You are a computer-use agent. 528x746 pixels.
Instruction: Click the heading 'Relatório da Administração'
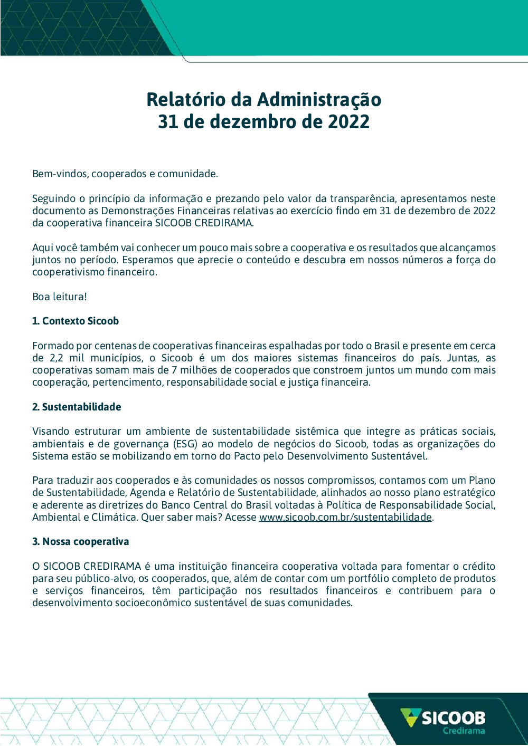[263, 99]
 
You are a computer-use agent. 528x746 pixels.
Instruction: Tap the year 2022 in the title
[348, 122]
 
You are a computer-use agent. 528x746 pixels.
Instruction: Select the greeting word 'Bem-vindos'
[60, 174]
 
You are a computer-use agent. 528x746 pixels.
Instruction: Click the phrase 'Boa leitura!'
[60, 297]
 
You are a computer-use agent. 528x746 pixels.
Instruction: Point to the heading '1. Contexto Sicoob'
[76, 321]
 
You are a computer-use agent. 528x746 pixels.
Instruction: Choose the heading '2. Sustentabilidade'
[77, 407]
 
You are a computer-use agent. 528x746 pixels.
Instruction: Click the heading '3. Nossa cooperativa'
[80, 541]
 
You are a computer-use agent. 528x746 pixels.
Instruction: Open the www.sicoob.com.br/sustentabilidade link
[345, 517]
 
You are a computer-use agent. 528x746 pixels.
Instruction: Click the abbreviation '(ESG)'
[185, 444]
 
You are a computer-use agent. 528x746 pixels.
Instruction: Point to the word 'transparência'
[363, 198]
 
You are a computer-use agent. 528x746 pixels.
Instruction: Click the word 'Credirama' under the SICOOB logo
[464, 731]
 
